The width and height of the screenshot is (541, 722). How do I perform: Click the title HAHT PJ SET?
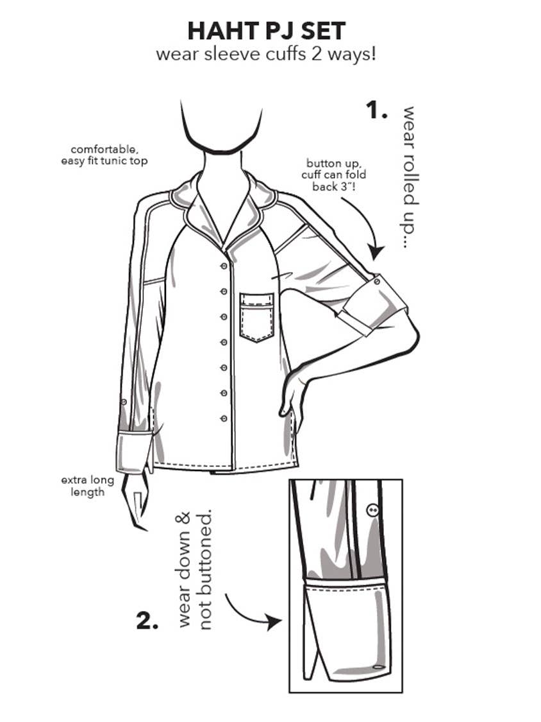(267, 31)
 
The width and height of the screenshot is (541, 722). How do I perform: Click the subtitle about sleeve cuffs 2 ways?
(266, 55)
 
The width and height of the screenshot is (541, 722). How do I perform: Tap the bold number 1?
(376, 110)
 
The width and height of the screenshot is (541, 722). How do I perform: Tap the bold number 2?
(147, 620)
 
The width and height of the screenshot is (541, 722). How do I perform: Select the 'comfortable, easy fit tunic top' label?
(104, 155)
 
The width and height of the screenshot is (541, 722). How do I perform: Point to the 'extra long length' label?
(87, 486)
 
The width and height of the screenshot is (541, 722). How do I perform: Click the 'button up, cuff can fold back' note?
(333, 175)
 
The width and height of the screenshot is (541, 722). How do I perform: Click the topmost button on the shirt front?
(224, 266)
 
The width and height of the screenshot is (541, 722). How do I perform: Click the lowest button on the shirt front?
(224, 418)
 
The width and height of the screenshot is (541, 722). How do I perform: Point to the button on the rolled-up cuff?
(378, 281)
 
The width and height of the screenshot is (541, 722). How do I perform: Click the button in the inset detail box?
(372, 510)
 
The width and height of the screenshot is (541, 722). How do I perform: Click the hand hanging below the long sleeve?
(135, 502)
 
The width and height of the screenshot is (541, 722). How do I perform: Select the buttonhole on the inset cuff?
(378, 666)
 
